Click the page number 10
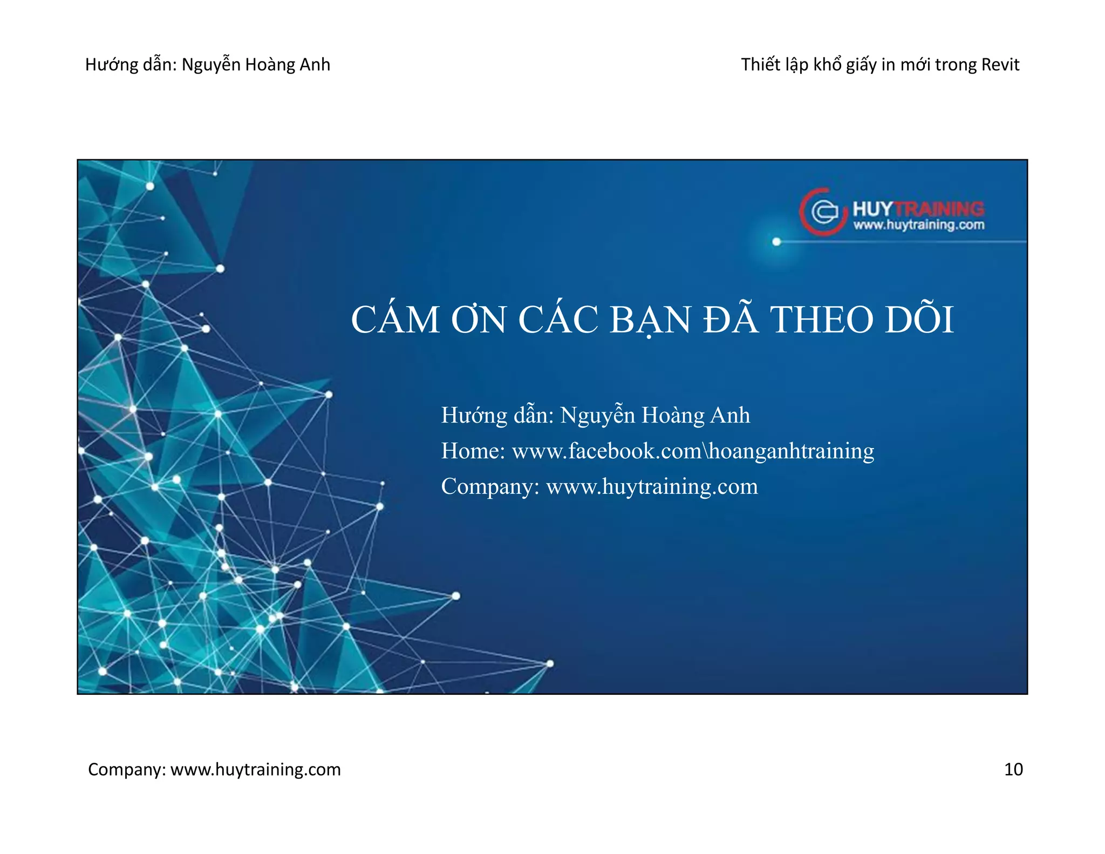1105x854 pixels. [1013, 769]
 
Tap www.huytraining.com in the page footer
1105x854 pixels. [255, 769]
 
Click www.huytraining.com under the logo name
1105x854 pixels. [918, 225]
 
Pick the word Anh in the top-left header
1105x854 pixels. [315, 65]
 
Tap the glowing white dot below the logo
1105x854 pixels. [776, 241]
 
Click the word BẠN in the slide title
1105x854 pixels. [650, 320]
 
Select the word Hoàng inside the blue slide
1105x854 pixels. [673, 416]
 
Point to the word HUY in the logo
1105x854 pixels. [872, 209]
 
